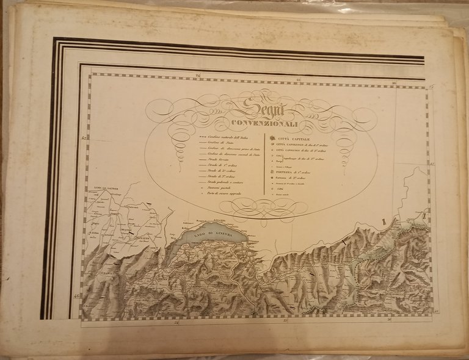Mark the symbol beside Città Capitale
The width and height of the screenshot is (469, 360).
tap(272, 138)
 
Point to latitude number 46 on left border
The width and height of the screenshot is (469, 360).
tap(77, 296)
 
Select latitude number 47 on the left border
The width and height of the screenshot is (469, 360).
tap(84, 139)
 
